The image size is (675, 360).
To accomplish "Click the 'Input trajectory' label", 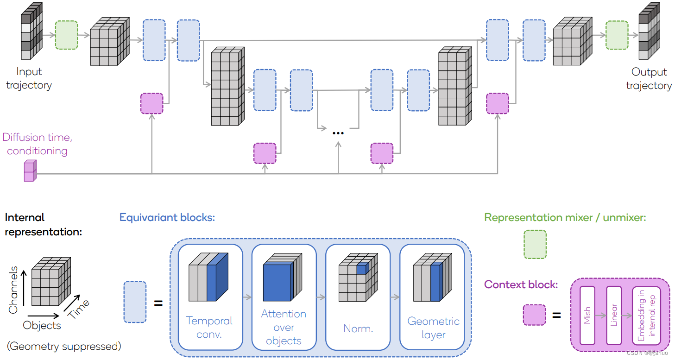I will pos(29,78).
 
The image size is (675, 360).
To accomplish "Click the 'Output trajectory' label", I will pos(649,79).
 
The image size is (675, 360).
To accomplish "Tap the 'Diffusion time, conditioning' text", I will pos(37,144).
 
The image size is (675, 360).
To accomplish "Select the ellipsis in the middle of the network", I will pos(338,133).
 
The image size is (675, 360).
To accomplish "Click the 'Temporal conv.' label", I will pos(209,327).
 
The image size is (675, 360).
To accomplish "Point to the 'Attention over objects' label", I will pos(284,327).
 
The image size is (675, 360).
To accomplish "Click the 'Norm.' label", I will pos(358,328).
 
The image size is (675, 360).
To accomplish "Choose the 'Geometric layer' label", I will pos(433,328).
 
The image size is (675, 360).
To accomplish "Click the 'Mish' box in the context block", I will pos(587,315).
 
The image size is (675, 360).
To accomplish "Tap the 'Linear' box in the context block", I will pos(613,315).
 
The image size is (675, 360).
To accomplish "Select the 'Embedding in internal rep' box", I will pos(645,315).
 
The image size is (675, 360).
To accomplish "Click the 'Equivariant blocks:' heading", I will pos(167,217).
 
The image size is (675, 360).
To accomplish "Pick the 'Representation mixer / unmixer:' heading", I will pos(565,217).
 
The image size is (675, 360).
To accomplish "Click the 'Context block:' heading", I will pos(520,284).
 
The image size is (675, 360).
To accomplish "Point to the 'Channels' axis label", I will pos(13,289).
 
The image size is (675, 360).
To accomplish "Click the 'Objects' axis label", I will pos(42,325).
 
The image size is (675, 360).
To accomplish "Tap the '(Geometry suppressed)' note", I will pos(64,346).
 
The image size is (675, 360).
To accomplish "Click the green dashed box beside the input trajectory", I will pos(66,35).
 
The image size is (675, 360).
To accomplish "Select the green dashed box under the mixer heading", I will pos(535,244).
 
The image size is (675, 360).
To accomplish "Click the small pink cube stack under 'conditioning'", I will pos(30,171).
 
